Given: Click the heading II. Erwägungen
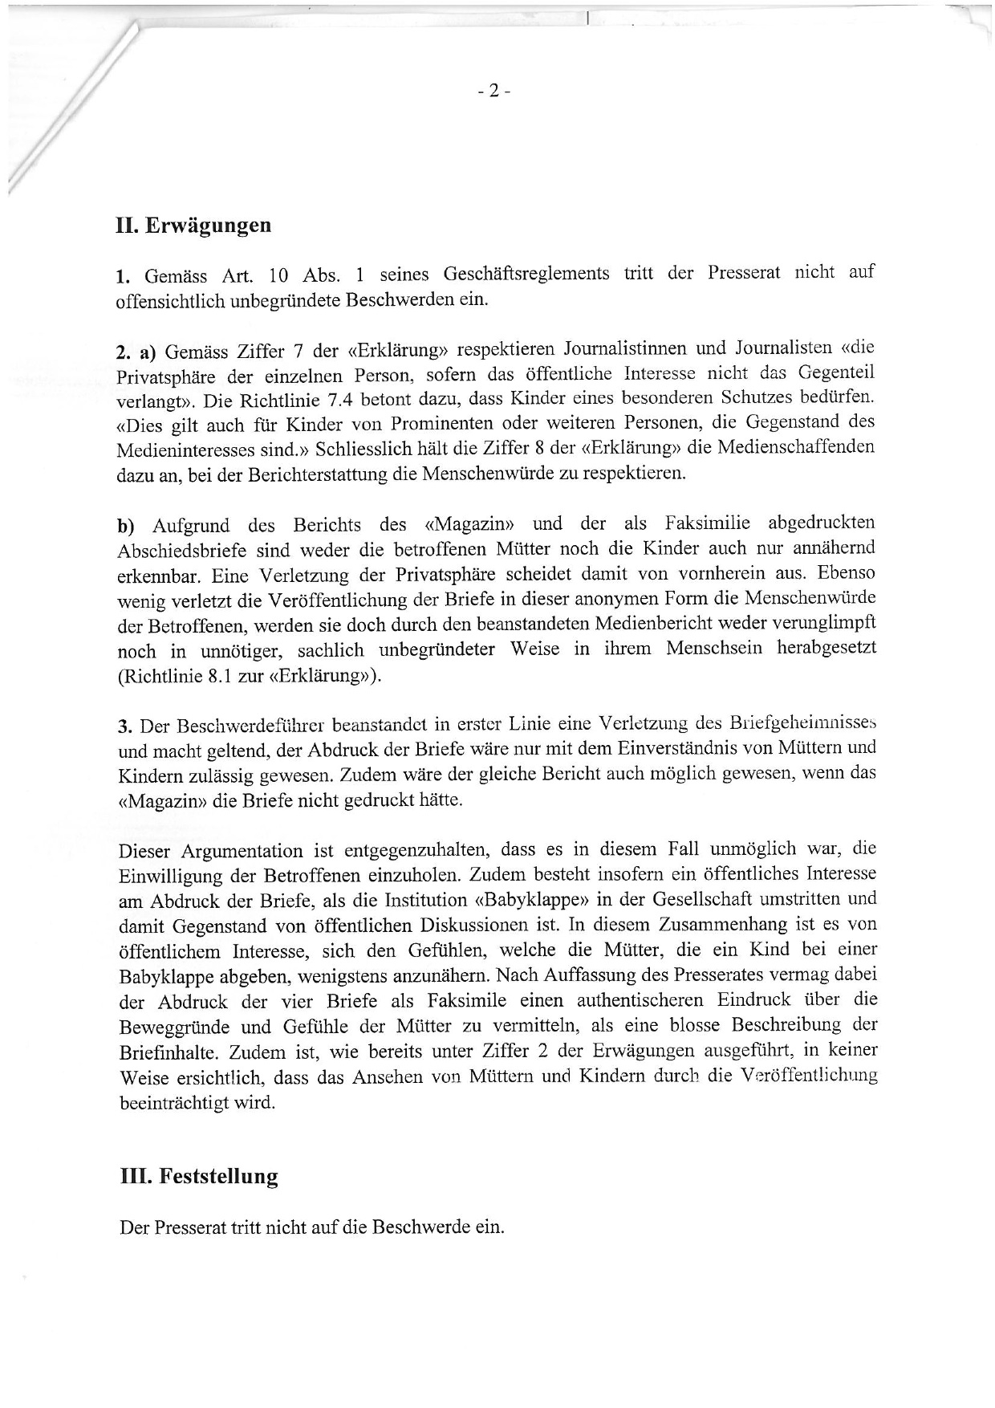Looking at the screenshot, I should pos(193,225).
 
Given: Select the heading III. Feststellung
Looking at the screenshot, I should pos(198,1177).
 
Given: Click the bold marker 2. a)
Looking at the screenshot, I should pos(135,352).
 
